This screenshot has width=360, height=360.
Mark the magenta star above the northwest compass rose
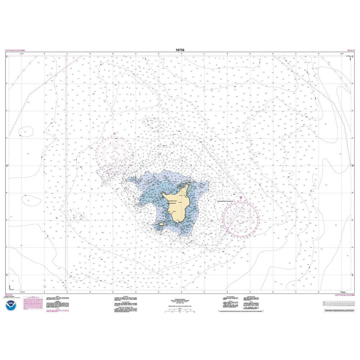coord(115,134)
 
